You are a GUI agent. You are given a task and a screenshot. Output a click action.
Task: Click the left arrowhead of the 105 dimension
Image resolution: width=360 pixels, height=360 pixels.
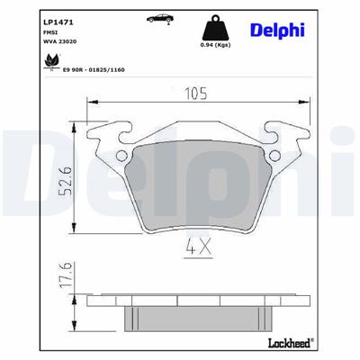pos(90,102)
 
